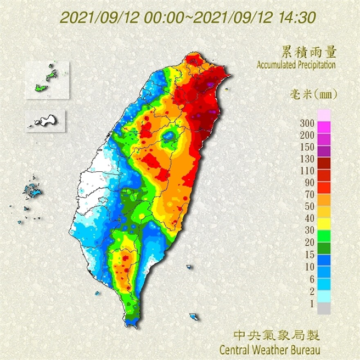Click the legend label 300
click(307, 122)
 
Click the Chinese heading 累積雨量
click(313, 52)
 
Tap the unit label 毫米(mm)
click(313, 94)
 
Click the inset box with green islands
click(48, 80)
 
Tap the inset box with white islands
click(46, 120)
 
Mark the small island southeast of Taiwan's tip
click(194, 317)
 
